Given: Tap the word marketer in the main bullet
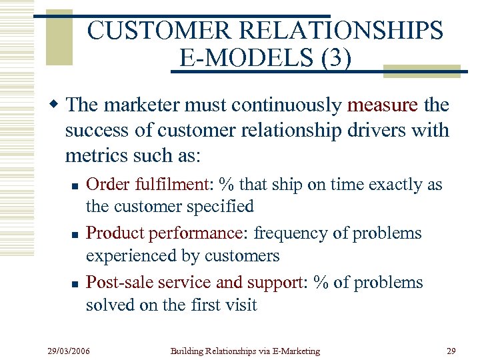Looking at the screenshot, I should click(134, 105).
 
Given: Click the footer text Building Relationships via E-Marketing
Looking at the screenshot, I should click(245, 351).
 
